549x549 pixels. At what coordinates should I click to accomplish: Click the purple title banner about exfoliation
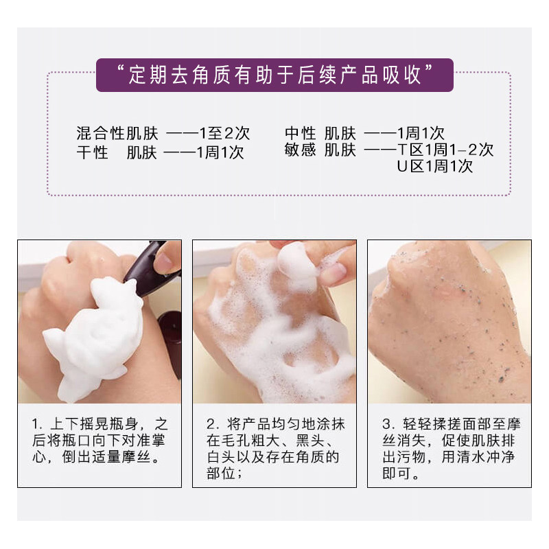tap(274, 75)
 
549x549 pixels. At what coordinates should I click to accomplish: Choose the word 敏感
tap(300, 150)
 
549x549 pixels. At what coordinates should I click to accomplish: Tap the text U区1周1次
tap(434, 167)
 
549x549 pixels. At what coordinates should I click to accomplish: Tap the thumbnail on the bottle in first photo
tap(165, 260)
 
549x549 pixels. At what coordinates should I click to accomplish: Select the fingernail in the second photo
tap(334, 274)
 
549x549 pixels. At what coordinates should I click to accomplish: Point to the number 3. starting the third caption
tap(388, 423)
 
